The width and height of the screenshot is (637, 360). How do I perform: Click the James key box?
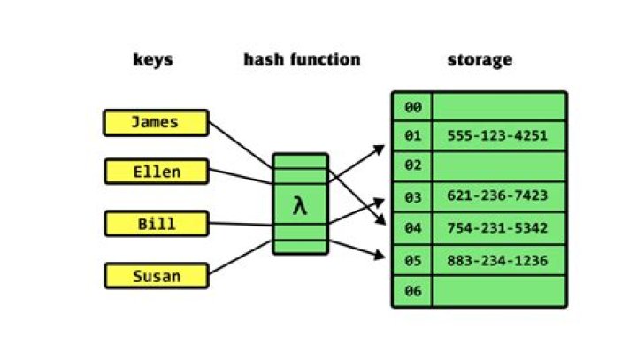[x=156, y=123]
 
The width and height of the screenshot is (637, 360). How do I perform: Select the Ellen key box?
[x=156, y=172]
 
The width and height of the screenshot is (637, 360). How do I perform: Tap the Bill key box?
[x=156, y=224]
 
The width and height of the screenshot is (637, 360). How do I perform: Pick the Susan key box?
[x=156, y=276]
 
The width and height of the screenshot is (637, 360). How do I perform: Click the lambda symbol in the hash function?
[x=300, y=207]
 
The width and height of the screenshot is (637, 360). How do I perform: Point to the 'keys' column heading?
[x=153, y=60]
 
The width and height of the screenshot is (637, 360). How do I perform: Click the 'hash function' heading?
[x=302, y=60]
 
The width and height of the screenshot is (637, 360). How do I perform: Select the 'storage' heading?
[x=480, y=60]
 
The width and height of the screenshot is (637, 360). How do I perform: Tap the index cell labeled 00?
[x=412, y=107]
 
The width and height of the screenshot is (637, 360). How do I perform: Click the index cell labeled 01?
[x=412, y=136]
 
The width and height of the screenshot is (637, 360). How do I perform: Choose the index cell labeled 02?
[x=412, y=165]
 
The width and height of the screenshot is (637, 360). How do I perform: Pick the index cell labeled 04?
[x=412, y=228]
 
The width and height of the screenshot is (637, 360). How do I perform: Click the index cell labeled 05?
[x=412, y=260]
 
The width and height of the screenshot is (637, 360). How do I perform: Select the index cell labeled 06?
[x=412, y=291]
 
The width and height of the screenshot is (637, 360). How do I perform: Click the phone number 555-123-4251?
[x=498, y=136]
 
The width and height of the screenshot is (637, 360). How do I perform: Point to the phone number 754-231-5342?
[x=498, y=228]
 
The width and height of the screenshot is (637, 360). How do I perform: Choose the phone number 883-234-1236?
[x=498, y=260]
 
